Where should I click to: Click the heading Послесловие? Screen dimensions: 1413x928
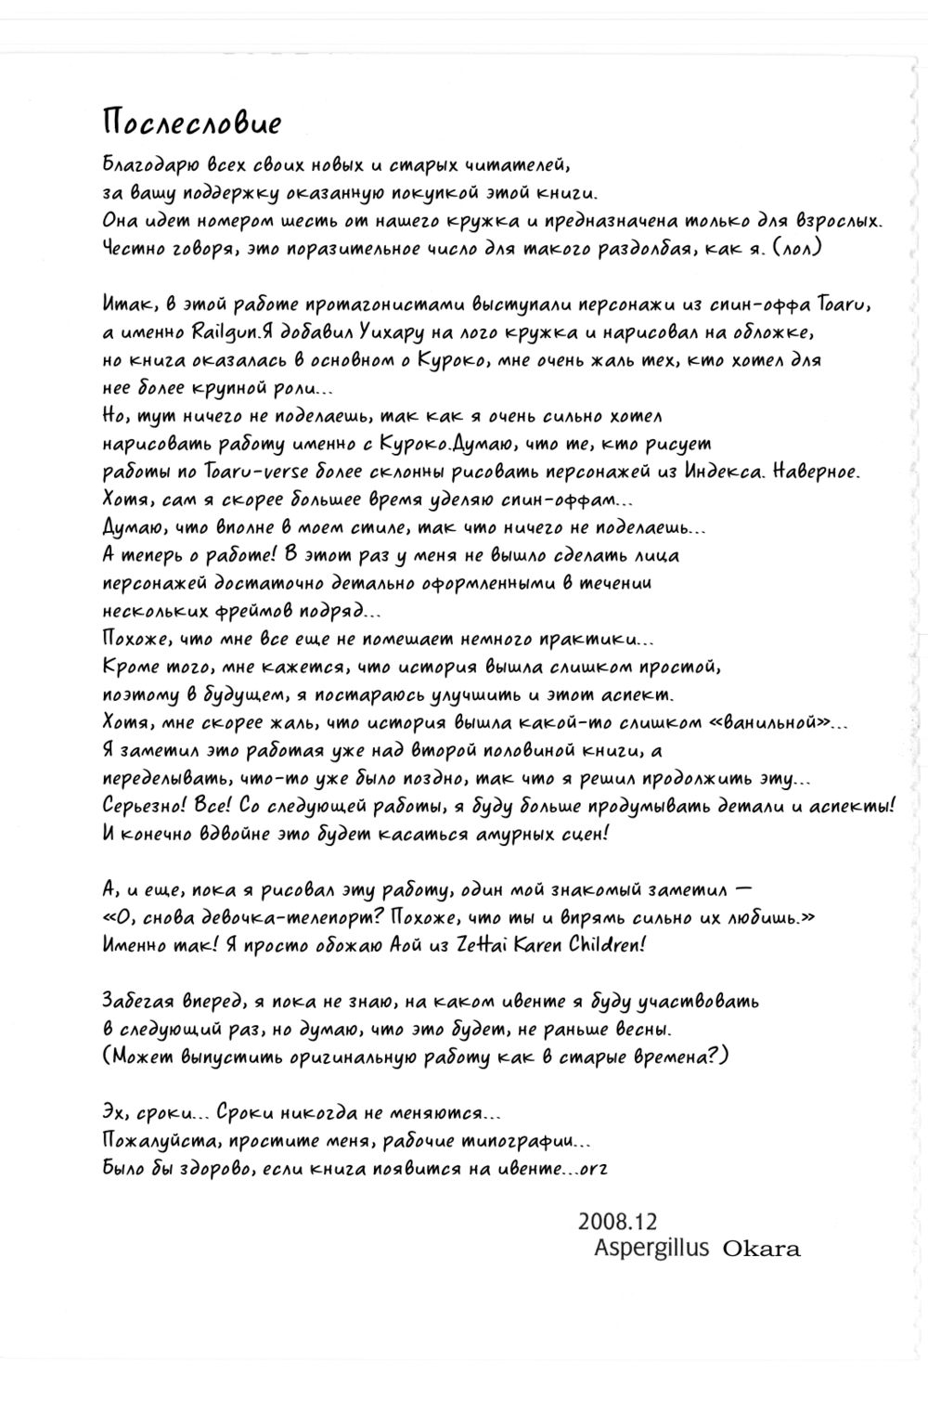[x=191, y=123]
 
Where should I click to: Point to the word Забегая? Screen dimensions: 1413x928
[x=141, y=1001]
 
